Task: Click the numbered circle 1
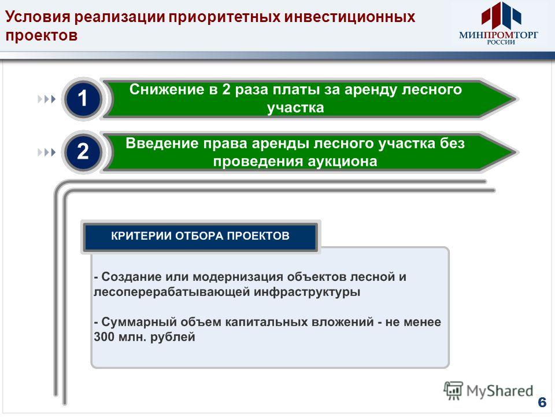pos(83,98)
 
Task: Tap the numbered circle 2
pos(83,152)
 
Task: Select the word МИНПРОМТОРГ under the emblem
pos(498,35)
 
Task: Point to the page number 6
pos(542,403)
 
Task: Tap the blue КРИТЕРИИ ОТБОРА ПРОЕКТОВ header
pos(201,236)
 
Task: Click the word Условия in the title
pos(38,17)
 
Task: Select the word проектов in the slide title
pos(42,35)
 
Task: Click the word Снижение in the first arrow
pos(166,89)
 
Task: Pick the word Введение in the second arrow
pos(162,143)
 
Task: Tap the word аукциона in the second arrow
pos(342,162)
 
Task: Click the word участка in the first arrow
pos(295,108)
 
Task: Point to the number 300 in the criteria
pos(104,336)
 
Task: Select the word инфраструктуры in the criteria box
pos(307,292)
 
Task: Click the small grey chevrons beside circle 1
pos(47,99)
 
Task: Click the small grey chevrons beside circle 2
pos(47,152)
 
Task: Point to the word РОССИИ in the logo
pos(501,42)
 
